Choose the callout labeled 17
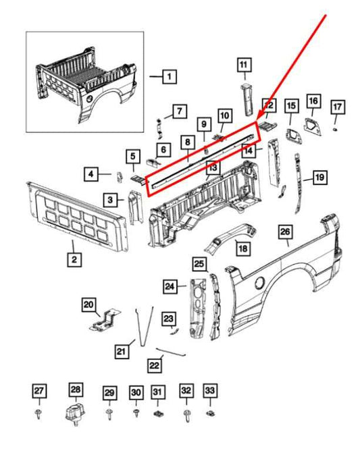[x=337, y=107]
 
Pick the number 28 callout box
[x=76, y=390]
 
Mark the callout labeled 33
[x=210, y=391]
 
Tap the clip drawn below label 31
[x=157, y=411]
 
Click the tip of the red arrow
[x=258, y=121]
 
